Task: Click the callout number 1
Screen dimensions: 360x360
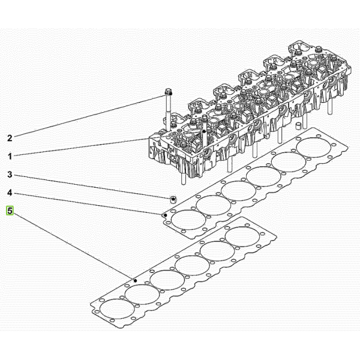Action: tap(10, 157)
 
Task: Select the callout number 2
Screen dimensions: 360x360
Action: tap(10, 138)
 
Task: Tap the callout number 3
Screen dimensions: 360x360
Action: tap(10, 175)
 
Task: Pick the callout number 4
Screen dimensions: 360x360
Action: tap(10, 193)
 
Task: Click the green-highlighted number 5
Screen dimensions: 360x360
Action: tap(10, 211)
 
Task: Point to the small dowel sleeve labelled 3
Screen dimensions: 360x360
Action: tap(173, 200)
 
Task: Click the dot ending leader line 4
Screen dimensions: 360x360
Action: tap(166, 215)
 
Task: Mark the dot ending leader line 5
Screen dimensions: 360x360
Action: tap(135, 281)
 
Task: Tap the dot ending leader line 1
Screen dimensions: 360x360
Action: tap(203, 131)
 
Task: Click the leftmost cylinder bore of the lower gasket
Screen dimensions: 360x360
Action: tap(118, 308)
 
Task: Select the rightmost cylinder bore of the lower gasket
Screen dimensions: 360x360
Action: tap(242, 236)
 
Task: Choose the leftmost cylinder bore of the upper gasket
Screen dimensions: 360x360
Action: tap(188, 220)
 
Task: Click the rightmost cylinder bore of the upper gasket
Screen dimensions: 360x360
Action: tap(314, 148)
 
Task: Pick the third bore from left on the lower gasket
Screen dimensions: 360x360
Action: tap(167, 280)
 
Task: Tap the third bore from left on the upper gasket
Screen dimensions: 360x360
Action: tap(239, 191)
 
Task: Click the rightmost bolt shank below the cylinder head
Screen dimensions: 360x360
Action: tap(329, 106)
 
